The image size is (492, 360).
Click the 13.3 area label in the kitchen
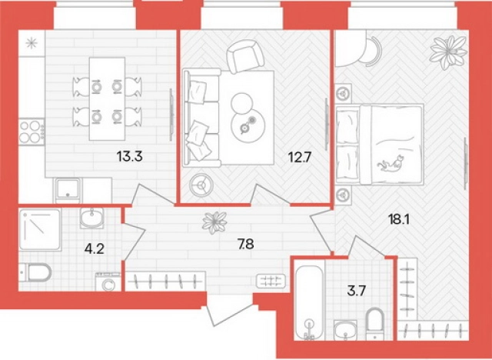[x=130, y=156]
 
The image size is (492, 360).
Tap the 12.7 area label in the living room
[x=299, y=157]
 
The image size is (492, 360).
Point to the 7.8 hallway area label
[x=246, y=244]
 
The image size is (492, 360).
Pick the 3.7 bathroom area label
[x=356, y=292]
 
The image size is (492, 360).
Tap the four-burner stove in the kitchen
[x=31, y=132]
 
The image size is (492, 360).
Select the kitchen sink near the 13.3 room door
[x=68, y=190]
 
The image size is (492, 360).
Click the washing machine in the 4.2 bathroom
[x=108, y=282]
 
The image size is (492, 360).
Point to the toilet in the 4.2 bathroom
[x=35, y=272]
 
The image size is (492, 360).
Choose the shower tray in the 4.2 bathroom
[x=39, y=230]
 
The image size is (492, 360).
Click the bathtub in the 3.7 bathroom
[x=309, y=303]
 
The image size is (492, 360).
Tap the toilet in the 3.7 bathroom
[x=376, y=324]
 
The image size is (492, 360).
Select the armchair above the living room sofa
[x=246, y=56]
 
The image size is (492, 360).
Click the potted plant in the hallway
[x=214, y=222]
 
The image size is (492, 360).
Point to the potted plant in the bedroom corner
[x=448, y=52]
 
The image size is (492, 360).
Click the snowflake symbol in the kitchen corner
[x=32, y=43]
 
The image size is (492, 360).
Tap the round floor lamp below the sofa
[x=201, y=185]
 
